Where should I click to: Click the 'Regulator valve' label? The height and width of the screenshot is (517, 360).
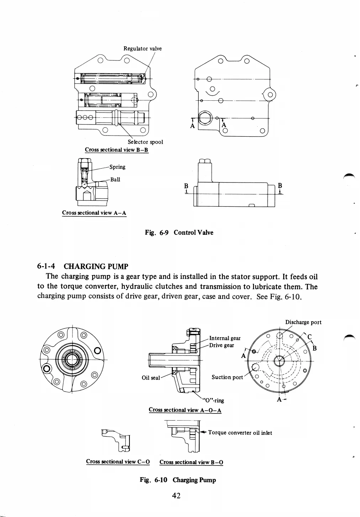[x=142, y=48]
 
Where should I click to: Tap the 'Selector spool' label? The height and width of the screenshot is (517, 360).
[x=145, y=142]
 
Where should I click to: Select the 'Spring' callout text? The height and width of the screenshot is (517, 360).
[x=117, y=167]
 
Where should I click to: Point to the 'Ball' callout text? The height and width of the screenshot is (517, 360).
[x=115, y=179]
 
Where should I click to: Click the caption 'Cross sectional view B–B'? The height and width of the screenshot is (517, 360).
[x=116, y=150]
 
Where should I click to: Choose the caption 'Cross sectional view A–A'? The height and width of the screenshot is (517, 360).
[x=94, y=213]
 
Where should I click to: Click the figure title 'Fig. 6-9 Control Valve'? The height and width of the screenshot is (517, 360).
[x=179, y=233]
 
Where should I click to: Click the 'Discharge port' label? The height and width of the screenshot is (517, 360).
[x=303, y=322]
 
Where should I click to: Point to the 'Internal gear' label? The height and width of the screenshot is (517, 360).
[x=224, y=338]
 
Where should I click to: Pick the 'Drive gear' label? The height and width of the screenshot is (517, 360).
[x=222, y=345]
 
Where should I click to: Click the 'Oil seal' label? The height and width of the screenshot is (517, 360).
[x=151, y=378]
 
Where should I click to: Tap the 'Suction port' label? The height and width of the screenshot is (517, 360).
[x=227, y=377]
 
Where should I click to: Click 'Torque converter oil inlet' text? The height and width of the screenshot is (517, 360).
[x=240, y=433]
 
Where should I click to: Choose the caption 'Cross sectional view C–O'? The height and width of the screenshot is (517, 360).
[x=117, y=462]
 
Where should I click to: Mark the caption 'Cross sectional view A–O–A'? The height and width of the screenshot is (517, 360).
[x=185, y=410]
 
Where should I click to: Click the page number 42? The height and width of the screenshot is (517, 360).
[x=176, y=495]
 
